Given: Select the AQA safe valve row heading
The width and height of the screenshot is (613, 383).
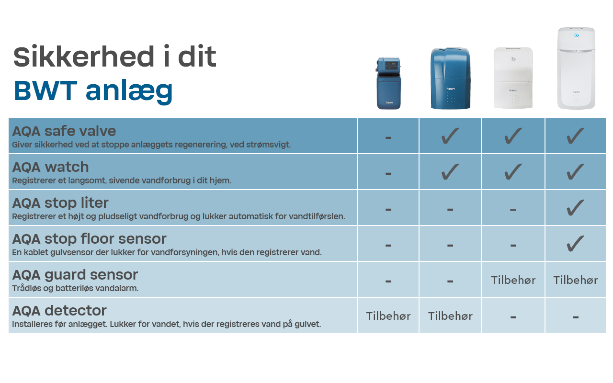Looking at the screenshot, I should [64, 131].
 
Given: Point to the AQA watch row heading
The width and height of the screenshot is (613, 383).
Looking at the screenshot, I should [50, 167].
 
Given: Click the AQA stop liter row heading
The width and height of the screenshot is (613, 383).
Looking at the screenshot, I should [60, 203].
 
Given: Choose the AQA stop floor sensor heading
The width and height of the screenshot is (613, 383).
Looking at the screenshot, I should [89, 239].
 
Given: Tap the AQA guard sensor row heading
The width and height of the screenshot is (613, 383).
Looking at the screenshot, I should [75, 275].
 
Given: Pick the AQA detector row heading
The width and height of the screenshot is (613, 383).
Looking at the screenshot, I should [59, 311].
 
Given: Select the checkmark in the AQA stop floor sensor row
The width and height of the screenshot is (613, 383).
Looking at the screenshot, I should [575, 244].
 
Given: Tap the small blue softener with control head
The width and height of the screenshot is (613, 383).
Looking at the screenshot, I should [388, 83].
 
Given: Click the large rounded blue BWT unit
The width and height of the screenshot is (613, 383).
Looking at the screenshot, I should [450, 79].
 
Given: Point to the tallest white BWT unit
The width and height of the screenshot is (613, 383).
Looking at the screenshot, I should [576, 68].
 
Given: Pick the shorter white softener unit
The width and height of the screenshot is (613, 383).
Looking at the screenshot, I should [513, 78].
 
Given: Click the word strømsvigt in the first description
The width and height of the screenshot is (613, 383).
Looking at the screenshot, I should [272, 145].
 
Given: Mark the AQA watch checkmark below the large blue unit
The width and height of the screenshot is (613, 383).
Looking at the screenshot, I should [450, 172].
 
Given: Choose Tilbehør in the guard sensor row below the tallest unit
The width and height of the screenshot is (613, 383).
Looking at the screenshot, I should [575, 280].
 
